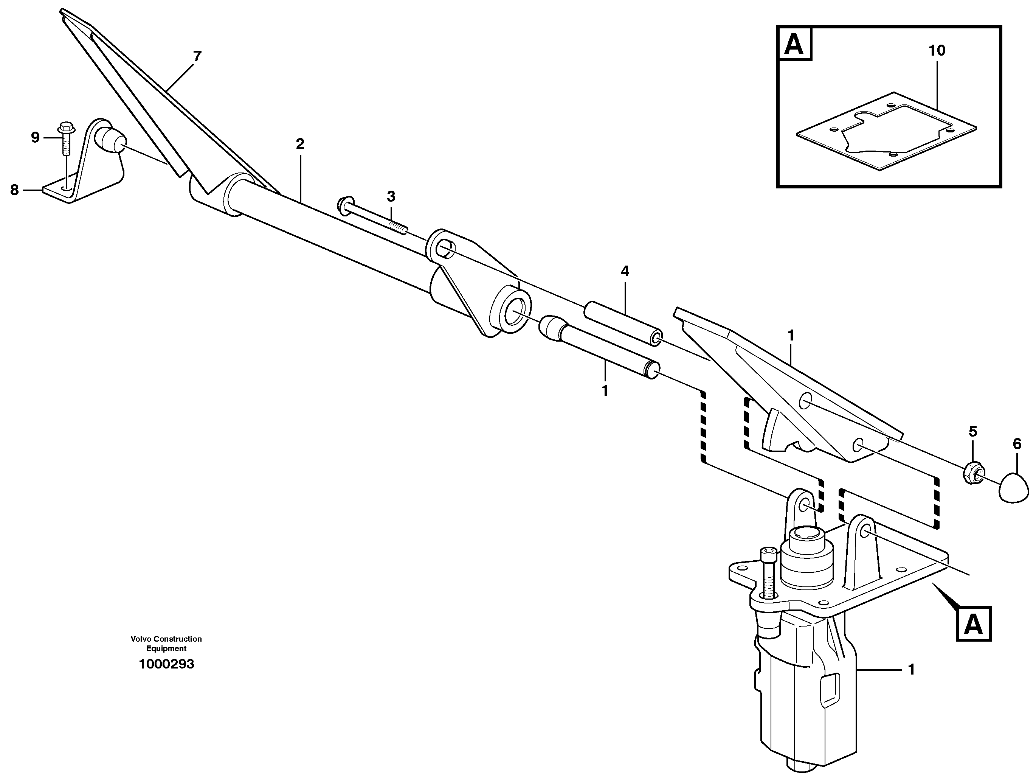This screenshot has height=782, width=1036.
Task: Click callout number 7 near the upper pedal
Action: click(197, 57)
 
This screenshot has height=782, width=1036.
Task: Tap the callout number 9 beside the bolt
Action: click(35, 138)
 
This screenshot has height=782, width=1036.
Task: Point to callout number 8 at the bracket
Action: click(14, 190)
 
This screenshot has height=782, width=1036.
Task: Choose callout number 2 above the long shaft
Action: click(300, 144)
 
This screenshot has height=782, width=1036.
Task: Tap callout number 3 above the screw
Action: click(391, 196)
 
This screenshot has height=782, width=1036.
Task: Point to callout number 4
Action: click(625, 271)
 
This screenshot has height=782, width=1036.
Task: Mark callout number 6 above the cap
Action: click(1017, 443)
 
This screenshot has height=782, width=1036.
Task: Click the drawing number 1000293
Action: click(166, 664)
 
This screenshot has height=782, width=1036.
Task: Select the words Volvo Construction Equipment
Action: click(166, 643)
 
